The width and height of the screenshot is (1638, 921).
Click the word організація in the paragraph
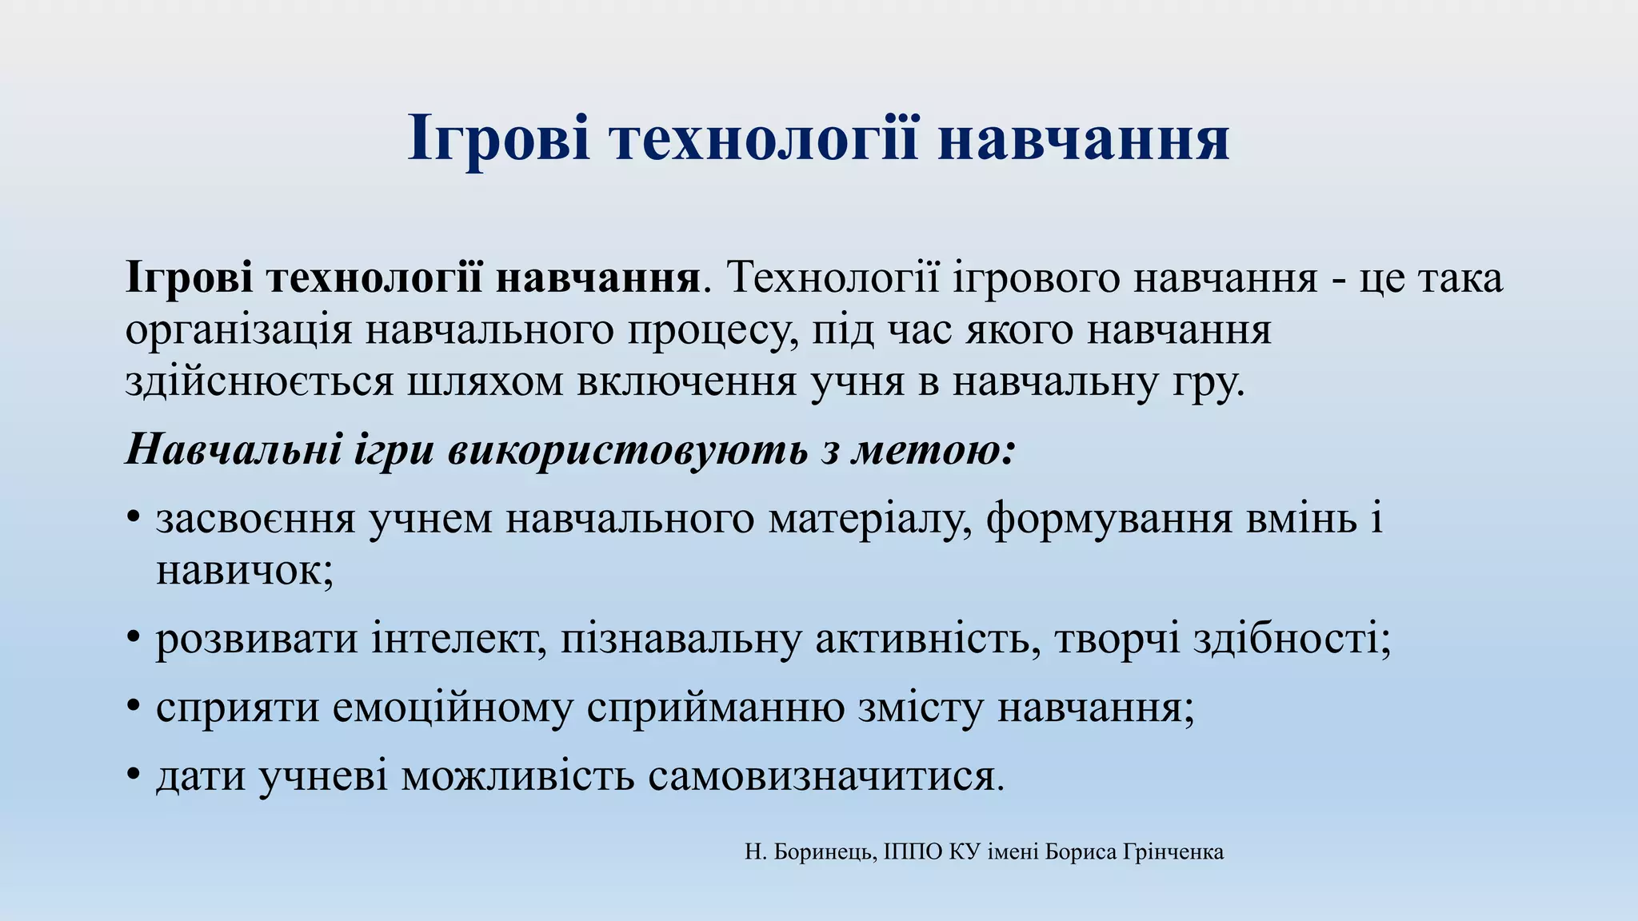point(238,331)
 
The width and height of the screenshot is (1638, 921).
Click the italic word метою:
point(933,449)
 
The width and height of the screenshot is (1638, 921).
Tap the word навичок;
point(245,571)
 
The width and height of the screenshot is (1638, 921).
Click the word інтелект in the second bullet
point(458,640)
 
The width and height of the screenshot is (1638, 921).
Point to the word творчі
point(1117,640)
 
